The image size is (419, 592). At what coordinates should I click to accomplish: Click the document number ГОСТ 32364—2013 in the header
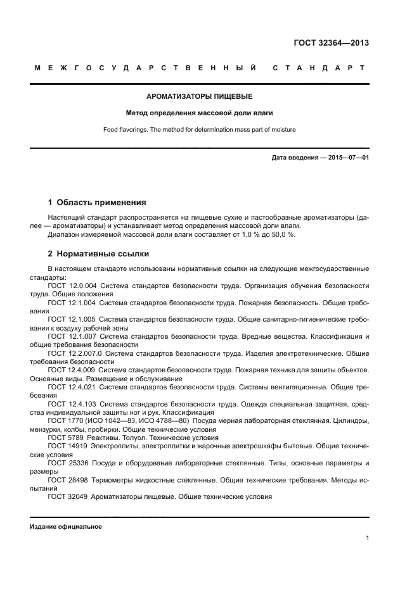pos(331,43)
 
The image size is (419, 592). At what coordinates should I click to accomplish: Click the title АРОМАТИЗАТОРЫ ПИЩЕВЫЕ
pos(200,97)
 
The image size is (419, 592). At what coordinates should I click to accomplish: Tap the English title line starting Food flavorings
pos(200,130)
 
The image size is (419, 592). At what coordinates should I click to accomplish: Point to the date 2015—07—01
pos(348,157)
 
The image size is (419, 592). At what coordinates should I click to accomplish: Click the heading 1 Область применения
pos(97,203)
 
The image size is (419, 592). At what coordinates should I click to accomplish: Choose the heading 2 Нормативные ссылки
pos(98,254)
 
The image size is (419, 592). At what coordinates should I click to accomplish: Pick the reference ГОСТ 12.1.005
pos(72,320)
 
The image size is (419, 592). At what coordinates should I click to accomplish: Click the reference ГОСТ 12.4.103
pos(72,403)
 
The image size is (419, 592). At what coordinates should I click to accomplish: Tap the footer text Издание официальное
pos(66,526)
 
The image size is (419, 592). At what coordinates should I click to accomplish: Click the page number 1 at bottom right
pos(367,538)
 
